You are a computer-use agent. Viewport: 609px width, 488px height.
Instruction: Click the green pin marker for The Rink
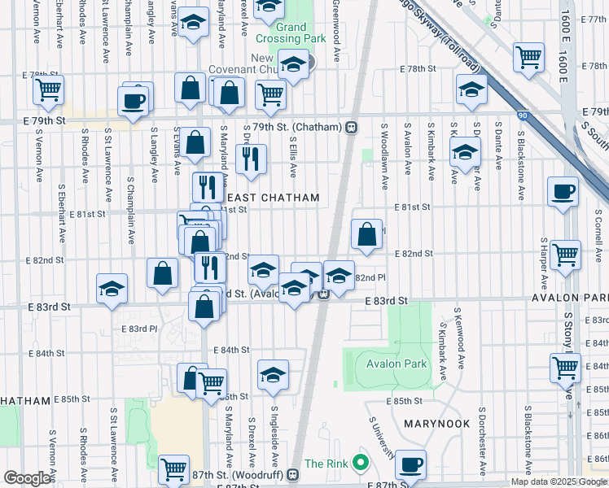pos(358,464)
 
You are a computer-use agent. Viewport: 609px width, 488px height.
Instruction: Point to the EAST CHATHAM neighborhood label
pos(273,198)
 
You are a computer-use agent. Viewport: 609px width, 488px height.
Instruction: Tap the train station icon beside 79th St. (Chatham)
pos(352,127)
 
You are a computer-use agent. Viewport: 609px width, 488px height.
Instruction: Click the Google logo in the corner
pos(28,477)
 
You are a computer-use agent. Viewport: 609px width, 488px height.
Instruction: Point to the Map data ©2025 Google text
pos(558,481)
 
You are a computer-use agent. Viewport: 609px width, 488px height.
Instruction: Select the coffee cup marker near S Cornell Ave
pos(563,192)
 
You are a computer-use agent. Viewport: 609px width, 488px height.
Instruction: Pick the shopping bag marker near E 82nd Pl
pos(367,233)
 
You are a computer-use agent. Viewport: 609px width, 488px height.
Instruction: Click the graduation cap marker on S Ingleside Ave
pos(274,374)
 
